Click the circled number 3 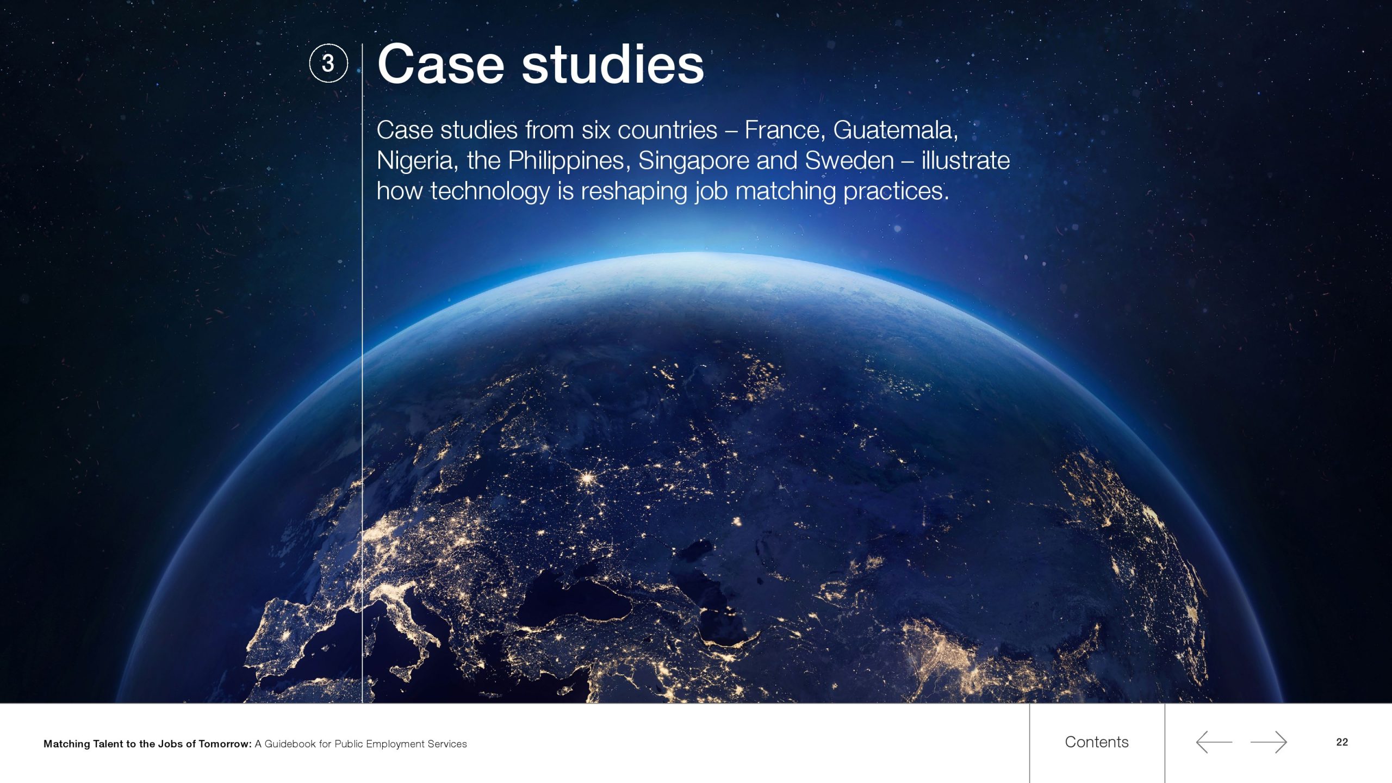[x=328, y=64]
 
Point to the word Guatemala [x=896, y=130]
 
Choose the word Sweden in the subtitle [x=849, y=160]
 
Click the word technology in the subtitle [x=490, y=191]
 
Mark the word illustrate [x=966, y=160]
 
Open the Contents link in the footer [x=1097, y=742]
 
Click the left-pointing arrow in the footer [x=1214, y=742]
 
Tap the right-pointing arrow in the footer [x=1269, y=742]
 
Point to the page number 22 [x=1342, y=742]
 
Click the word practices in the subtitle [x=896, y=191]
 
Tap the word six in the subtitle [x=596, y=130]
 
